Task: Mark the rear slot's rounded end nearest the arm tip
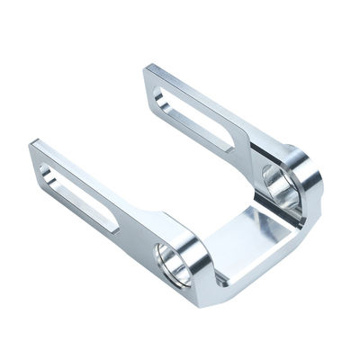pos(162,89)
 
